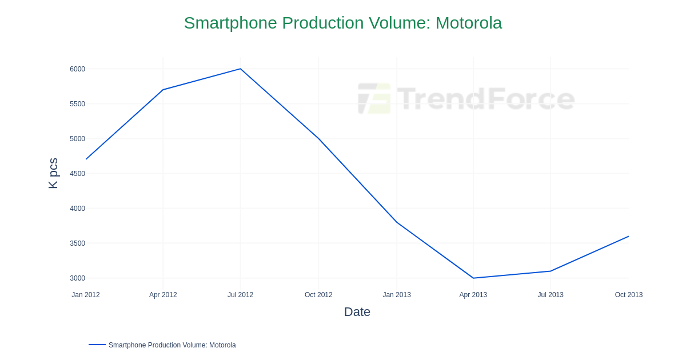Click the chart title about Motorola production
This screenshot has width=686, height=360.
(x=342, y=23)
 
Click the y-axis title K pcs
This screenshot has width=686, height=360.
(x=53, y=173)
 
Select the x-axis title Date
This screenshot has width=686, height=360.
(x=357, y=312)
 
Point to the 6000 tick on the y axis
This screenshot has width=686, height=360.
(x=77, y=69)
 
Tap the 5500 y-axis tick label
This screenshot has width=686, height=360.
(x=77, y=104)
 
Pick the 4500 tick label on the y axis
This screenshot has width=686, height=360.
(x=77, y=174)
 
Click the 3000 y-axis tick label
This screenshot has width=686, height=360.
(x=77, y=278)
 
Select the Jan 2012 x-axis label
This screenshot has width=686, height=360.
(x=86, y=295)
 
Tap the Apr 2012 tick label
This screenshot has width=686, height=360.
(x=163, y=295)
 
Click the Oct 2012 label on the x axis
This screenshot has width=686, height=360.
(x=318, y=295)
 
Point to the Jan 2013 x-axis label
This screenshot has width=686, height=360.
(x=397, y=295)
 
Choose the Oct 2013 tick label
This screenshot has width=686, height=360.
(x=628, y=295)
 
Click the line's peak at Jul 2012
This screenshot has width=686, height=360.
(x=240, y=69)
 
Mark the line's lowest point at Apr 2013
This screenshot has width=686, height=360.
(x=473, y=278)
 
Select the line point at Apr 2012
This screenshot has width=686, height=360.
(x=163, y=90)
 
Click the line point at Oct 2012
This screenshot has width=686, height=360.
(x=318, y=138)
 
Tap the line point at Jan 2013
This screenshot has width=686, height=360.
(x=397, y=222)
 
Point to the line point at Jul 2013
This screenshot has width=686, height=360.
(x=551, y=271)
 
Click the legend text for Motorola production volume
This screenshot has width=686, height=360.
(x=172, y=345)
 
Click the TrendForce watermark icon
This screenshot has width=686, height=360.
(x=374, y=98)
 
